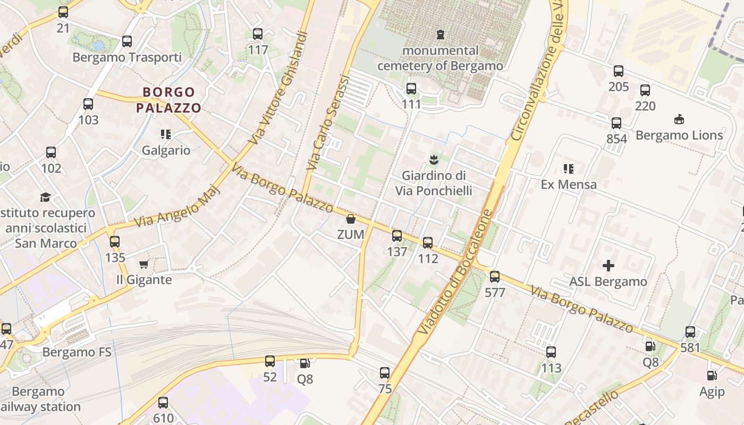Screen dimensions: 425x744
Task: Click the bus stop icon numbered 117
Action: click(x=258, y=34)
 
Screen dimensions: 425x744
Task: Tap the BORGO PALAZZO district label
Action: click(x=168, y=100)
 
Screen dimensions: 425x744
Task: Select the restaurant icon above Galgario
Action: click(x=166, y=134)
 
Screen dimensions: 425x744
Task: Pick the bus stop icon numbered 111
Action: click(x=411, y=89)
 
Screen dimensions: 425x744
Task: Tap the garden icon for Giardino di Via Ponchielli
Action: click(x=434, y=159)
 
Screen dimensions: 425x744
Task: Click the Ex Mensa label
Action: click(x=569, y=184)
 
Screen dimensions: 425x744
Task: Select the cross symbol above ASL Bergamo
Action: click(x=608, y=265)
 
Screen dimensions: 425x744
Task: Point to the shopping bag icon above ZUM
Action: click(x=351, y=218)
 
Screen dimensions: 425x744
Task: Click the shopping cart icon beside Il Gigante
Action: click(x=143, y=264)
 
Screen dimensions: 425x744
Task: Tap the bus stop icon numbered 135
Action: click(x=115, y=242)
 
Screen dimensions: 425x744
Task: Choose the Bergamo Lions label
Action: click(x=679, y=135)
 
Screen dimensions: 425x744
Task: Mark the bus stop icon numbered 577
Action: click(x=495, y=276)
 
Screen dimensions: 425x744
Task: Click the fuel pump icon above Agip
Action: click(x=712, y=376)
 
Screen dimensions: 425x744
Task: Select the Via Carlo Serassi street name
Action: click(x=328, y=123)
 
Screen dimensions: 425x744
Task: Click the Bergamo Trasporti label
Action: click(x=127, y=57)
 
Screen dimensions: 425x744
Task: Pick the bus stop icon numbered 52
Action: click(x=270, y=361)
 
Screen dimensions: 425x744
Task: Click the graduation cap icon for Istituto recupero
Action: click(x=46, y=197)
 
